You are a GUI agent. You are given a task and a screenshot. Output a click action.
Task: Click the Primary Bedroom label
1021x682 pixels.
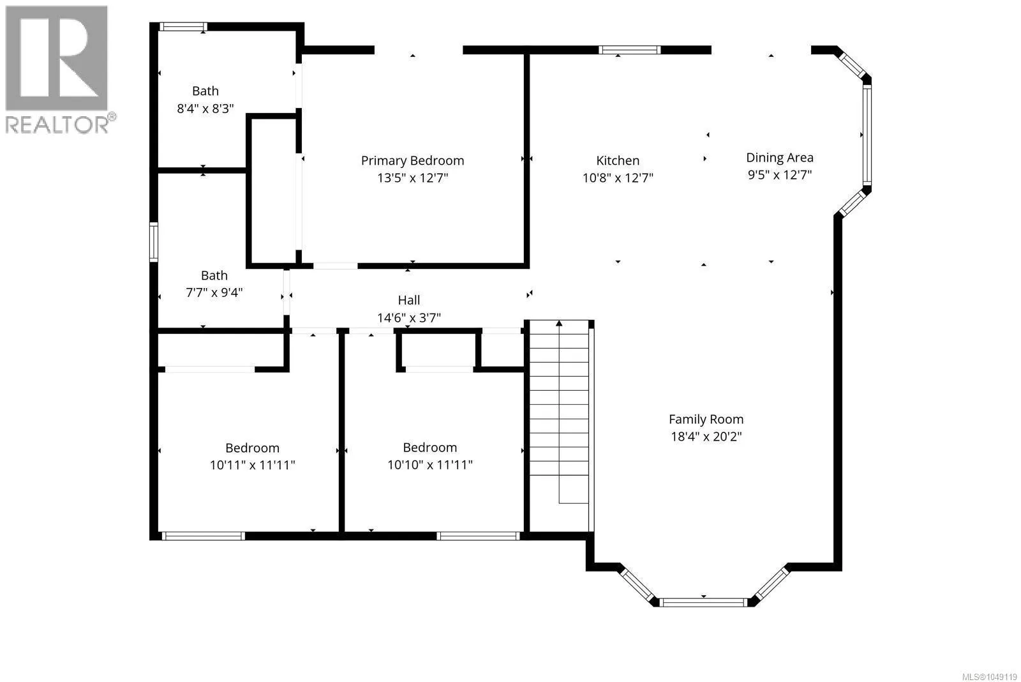pos(412,160)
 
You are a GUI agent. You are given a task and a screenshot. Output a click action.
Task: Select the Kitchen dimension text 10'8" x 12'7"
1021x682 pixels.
pos(618,178)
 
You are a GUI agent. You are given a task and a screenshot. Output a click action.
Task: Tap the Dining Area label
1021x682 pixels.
pos(779,158)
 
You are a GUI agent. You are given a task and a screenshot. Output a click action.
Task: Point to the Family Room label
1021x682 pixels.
pos(706,420)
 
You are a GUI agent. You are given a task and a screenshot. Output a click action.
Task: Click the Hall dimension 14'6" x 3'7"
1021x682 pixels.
pos(409,318)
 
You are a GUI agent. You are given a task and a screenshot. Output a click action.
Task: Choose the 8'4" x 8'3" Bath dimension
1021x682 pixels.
pos(205,109)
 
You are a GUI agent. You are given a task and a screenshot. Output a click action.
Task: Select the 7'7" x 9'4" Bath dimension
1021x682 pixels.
pos(214,292)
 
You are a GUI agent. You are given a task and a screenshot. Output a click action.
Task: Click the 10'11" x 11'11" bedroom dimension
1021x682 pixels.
pos(252,466)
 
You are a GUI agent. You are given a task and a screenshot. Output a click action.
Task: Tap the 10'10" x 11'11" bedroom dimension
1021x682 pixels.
pos(430,465)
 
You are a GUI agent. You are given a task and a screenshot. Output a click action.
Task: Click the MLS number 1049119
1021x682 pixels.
pos(989,677)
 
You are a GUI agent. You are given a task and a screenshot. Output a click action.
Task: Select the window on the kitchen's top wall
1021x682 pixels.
pos(629,50)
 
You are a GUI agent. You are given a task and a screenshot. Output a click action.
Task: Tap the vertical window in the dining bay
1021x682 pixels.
pos(867,135)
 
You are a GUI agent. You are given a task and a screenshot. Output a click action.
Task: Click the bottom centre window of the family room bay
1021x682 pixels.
pos(703,602)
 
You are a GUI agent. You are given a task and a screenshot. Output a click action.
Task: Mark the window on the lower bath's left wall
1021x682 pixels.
pos(154,242)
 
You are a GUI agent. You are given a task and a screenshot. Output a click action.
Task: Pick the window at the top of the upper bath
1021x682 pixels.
pos(183,27)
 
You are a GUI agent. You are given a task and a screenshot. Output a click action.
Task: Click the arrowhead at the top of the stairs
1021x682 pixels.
pos(559,323)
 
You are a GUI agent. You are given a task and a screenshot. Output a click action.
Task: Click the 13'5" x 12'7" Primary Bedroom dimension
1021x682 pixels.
pos(412,178)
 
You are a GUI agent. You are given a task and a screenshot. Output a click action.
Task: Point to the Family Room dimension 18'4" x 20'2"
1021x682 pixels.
pos(706,437)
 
